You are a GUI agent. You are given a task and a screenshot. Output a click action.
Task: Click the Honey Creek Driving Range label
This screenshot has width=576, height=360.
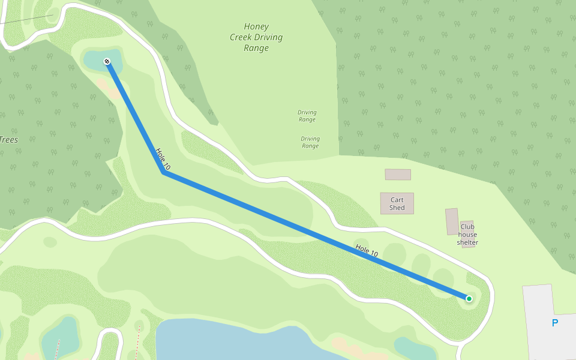coord(256,37)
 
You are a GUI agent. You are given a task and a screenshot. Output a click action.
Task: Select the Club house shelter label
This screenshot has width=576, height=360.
coord(467,235)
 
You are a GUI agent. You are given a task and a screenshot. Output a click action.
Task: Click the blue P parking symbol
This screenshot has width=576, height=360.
coord(554,323)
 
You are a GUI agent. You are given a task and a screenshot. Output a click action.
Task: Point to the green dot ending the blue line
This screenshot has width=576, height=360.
coord(469,299)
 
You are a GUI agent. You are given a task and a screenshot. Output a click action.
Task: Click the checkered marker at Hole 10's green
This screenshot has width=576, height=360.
coord(107,61)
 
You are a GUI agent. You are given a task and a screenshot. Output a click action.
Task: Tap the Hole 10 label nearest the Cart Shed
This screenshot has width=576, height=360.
coord(367,251)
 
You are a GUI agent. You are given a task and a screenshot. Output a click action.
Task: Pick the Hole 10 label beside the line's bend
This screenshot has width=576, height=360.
coord(163,158)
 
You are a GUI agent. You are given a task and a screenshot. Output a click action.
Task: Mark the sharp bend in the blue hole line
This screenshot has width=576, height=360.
coord(163,173)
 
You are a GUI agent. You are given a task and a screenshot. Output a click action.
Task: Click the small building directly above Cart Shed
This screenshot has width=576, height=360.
coord(398,175)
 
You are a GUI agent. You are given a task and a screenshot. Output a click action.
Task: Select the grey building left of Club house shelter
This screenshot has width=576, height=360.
coord(452,221)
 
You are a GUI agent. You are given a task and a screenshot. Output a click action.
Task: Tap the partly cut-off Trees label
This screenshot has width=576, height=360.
coord(8,140)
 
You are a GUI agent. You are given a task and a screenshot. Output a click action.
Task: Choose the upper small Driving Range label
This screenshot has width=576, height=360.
coord(307,116)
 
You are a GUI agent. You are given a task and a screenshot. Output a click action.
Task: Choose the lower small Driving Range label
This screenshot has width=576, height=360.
coord(310,142)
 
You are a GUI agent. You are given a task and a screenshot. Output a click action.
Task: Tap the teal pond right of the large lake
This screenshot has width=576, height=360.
coord(414,349)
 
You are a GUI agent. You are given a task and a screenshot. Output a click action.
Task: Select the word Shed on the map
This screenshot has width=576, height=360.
coord(397,208)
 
